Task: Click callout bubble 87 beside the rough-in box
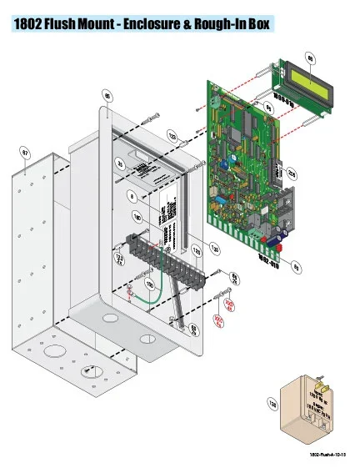(x=25, y=153)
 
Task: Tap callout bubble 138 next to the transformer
(x=272, y=404)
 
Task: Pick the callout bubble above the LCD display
(x=311, y=58)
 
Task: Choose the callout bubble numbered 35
(x=121, y=164)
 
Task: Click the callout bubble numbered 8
(x=132, y=196)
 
